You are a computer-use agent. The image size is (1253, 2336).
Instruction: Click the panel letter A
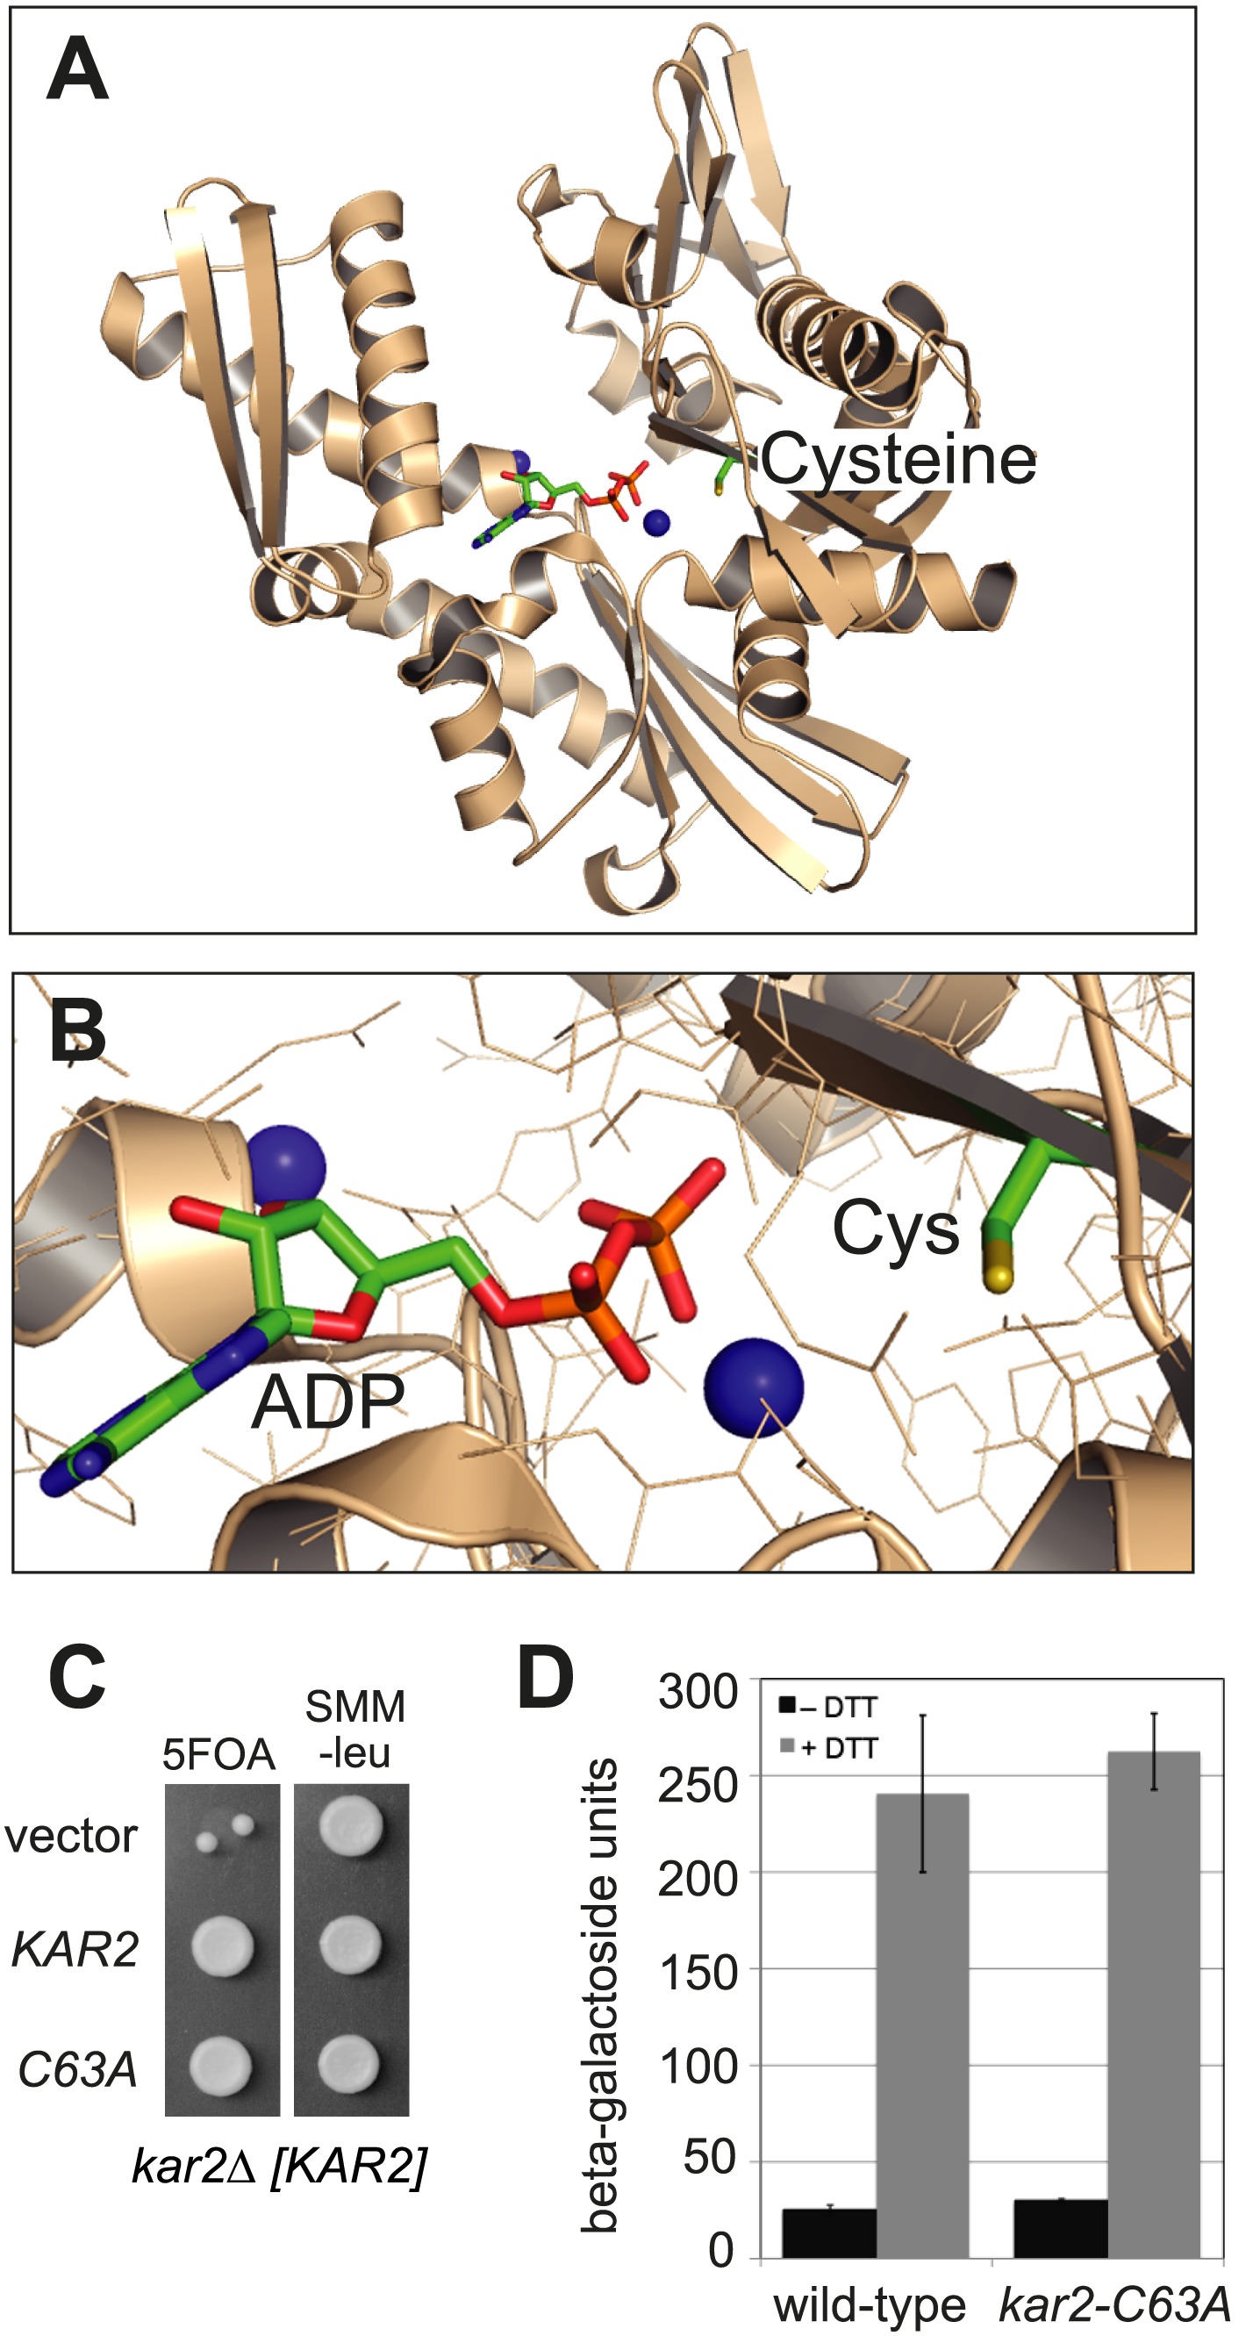77,71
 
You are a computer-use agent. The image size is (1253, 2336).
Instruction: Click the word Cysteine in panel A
898,460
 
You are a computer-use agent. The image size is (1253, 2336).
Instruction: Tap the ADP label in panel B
327,1401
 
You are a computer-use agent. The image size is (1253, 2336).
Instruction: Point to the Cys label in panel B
895,1229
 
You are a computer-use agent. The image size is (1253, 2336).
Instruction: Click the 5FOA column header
218,1754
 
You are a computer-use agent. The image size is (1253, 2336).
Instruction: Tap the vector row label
71,1837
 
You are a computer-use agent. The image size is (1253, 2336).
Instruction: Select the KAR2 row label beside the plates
75,1949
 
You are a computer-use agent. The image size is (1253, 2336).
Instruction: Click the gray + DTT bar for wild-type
922,2025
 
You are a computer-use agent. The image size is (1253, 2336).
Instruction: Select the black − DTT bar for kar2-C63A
1060,2228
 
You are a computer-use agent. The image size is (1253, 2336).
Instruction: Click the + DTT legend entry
828,1747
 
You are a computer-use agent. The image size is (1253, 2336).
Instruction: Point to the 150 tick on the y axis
698,1972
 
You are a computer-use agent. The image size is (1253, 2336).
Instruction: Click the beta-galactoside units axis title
599,1995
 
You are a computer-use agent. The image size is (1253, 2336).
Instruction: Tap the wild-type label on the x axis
869,2304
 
